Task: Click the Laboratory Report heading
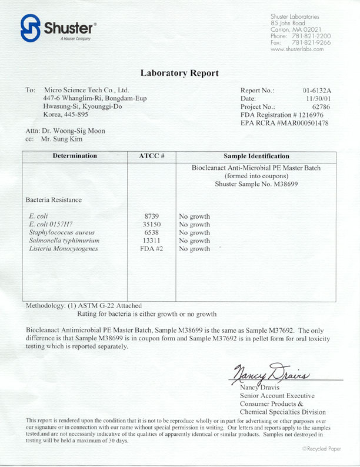coord(179,74)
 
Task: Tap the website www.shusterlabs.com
coord(297,49)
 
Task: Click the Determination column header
coord(75,156)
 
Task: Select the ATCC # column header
coord(151,156)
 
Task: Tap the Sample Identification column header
coord(256,156)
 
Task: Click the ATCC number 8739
coord(151,216)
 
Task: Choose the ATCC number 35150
coord(151,225)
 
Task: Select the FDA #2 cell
coord(151,249)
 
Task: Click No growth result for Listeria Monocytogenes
coord(194,249)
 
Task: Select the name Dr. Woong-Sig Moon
coord(74,131)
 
